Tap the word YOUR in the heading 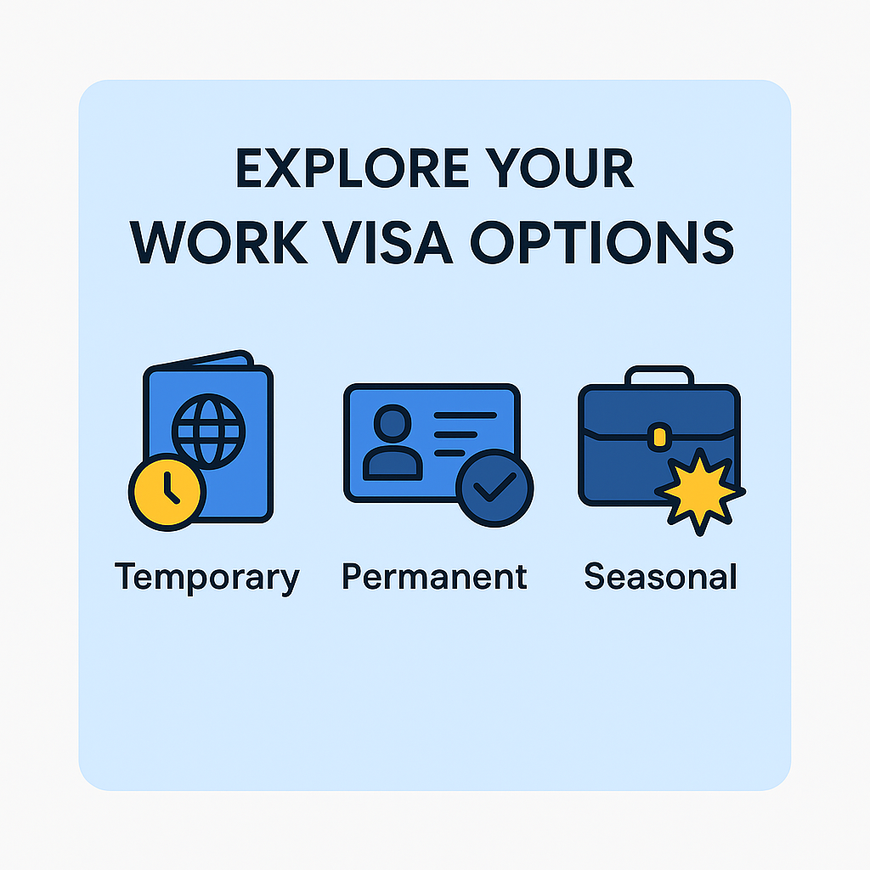559,167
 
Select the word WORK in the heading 218,242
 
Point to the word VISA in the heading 387,242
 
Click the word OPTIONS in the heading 602,242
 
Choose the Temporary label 207,578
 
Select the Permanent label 434,577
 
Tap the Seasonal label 660,577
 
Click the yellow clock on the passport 167,492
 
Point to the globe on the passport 209,432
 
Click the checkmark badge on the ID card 494,489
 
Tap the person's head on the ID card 393,424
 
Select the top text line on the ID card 465,415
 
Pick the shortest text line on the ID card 449,454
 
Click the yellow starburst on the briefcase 700,492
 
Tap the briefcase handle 659,374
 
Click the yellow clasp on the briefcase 659,438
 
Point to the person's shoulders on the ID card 393,463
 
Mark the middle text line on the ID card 455,434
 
